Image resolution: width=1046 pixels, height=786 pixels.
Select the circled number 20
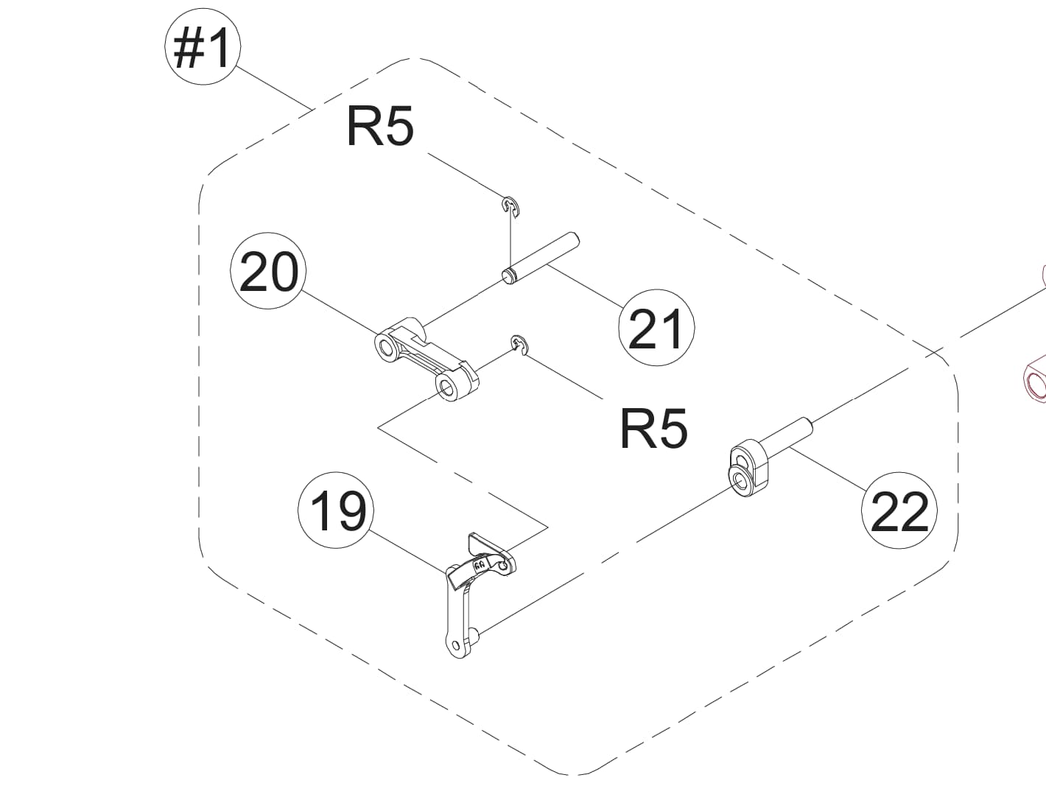point(269,273)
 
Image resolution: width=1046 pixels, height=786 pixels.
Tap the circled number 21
point(656,328)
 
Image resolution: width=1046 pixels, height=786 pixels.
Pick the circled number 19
point(337,510)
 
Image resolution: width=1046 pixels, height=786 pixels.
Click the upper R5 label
point(380,127)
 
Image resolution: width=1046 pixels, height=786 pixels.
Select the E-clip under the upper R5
point(510,206)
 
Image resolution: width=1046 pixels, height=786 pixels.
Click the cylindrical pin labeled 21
point(541,257)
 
